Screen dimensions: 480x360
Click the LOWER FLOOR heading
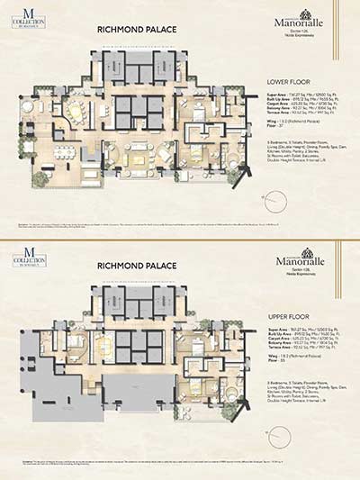[285, 80]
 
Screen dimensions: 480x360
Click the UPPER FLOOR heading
[285, 318]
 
